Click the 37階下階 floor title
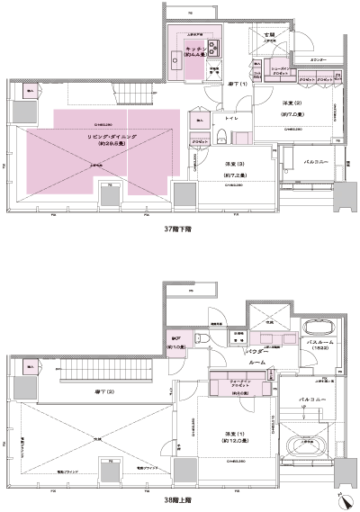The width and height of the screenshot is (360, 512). (178, 229)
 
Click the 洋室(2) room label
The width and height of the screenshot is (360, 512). (285, 105)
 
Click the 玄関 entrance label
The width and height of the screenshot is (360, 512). (266, 35)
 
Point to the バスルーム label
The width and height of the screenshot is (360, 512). (320, 342)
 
